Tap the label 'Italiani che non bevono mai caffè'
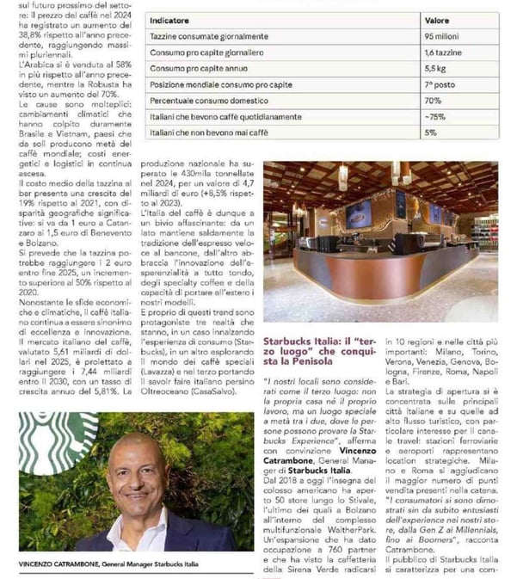point(209,132)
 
